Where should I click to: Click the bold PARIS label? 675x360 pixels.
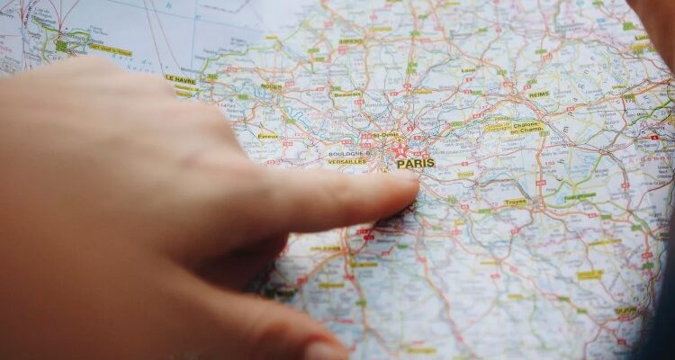(x=416, y=164)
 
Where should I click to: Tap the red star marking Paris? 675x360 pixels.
(x=400, y=150)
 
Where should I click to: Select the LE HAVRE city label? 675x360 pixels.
(x=181, y=79)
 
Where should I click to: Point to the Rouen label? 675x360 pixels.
(x=271, y=86)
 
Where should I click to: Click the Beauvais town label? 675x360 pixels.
(x=347, y=94)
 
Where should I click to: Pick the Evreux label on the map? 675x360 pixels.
(x=268, y=136)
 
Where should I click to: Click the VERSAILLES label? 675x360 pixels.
(x=346, y=162)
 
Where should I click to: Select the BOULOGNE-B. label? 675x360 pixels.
(x=346, y=153)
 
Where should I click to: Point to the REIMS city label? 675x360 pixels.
(x=539, y=94)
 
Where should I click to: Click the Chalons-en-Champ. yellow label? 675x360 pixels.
(x=527, y=128)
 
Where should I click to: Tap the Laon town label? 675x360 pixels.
(x=469, y=69)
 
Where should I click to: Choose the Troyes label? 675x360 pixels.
(x=516, y=202)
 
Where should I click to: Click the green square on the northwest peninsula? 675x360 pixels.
(x=61, y=45)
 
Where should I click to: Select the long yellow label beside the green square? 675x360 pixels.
(x=110, y=50)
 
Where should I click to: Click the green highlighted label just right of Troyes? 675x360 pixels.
(x=580, y=196)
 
